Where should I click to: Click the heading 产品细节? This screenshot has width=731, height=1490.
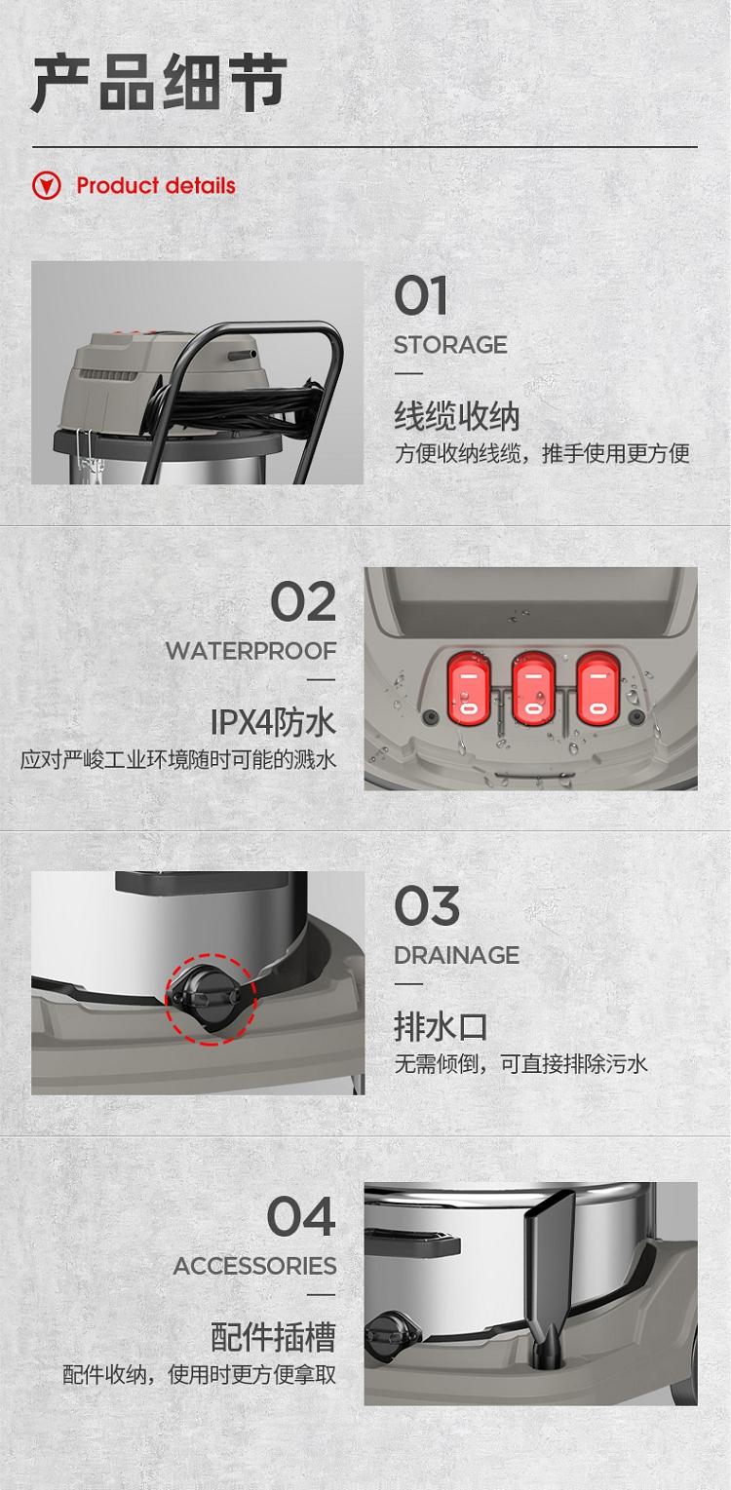pyautogui.click(x=159, y=83)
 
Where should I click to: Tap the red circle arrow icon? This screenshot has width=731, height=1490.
pyautogui.click(x=47, y=185)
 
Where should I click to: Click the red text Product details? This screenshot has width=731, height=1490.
pyautogui.click(x=156, y=185)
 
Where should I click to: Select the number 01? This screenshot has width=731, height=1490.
pyautogui.click(x=420, y=295)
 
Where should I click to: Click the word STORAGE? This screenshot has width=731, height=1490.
pyautogui.click(x=450, y=345)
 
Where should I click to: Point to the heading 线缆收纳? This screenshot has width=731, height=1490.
pyautogui.click(x=456, y=416)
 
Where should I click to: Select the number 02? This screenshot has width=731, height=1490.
pyautogui.click(x=303, y=601)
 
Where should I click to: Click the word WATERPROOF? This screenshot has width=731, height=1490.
pyautogui.click(x=250, y=651)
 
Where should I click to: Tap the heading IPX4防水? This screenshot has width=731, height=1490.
pyautogui.click(x=273, y=722)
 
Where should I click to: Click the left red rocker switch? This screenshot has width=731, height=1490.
pyautogui.click(x=469, y=689)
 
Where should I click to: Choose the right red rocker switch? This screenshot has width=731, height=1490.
pyautogui.click(x=597, y=689)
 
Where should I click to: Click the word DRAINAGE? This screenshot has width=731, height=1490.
pyautogui.click(x=456, y=955)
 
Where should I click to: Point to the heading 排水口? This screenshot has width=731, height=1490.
pyautogui.click(x=441, y=1026)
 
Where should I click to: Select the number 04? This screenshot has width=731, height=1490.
pyautogui.click(x=300, y=1216)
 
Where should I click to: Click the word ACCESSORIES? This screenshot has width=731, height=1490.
pyautogui.click(x=254, y=1266)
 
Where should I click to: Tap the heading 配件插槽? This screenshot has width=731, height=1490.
pyautogui.click(x=273, y=1337)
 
